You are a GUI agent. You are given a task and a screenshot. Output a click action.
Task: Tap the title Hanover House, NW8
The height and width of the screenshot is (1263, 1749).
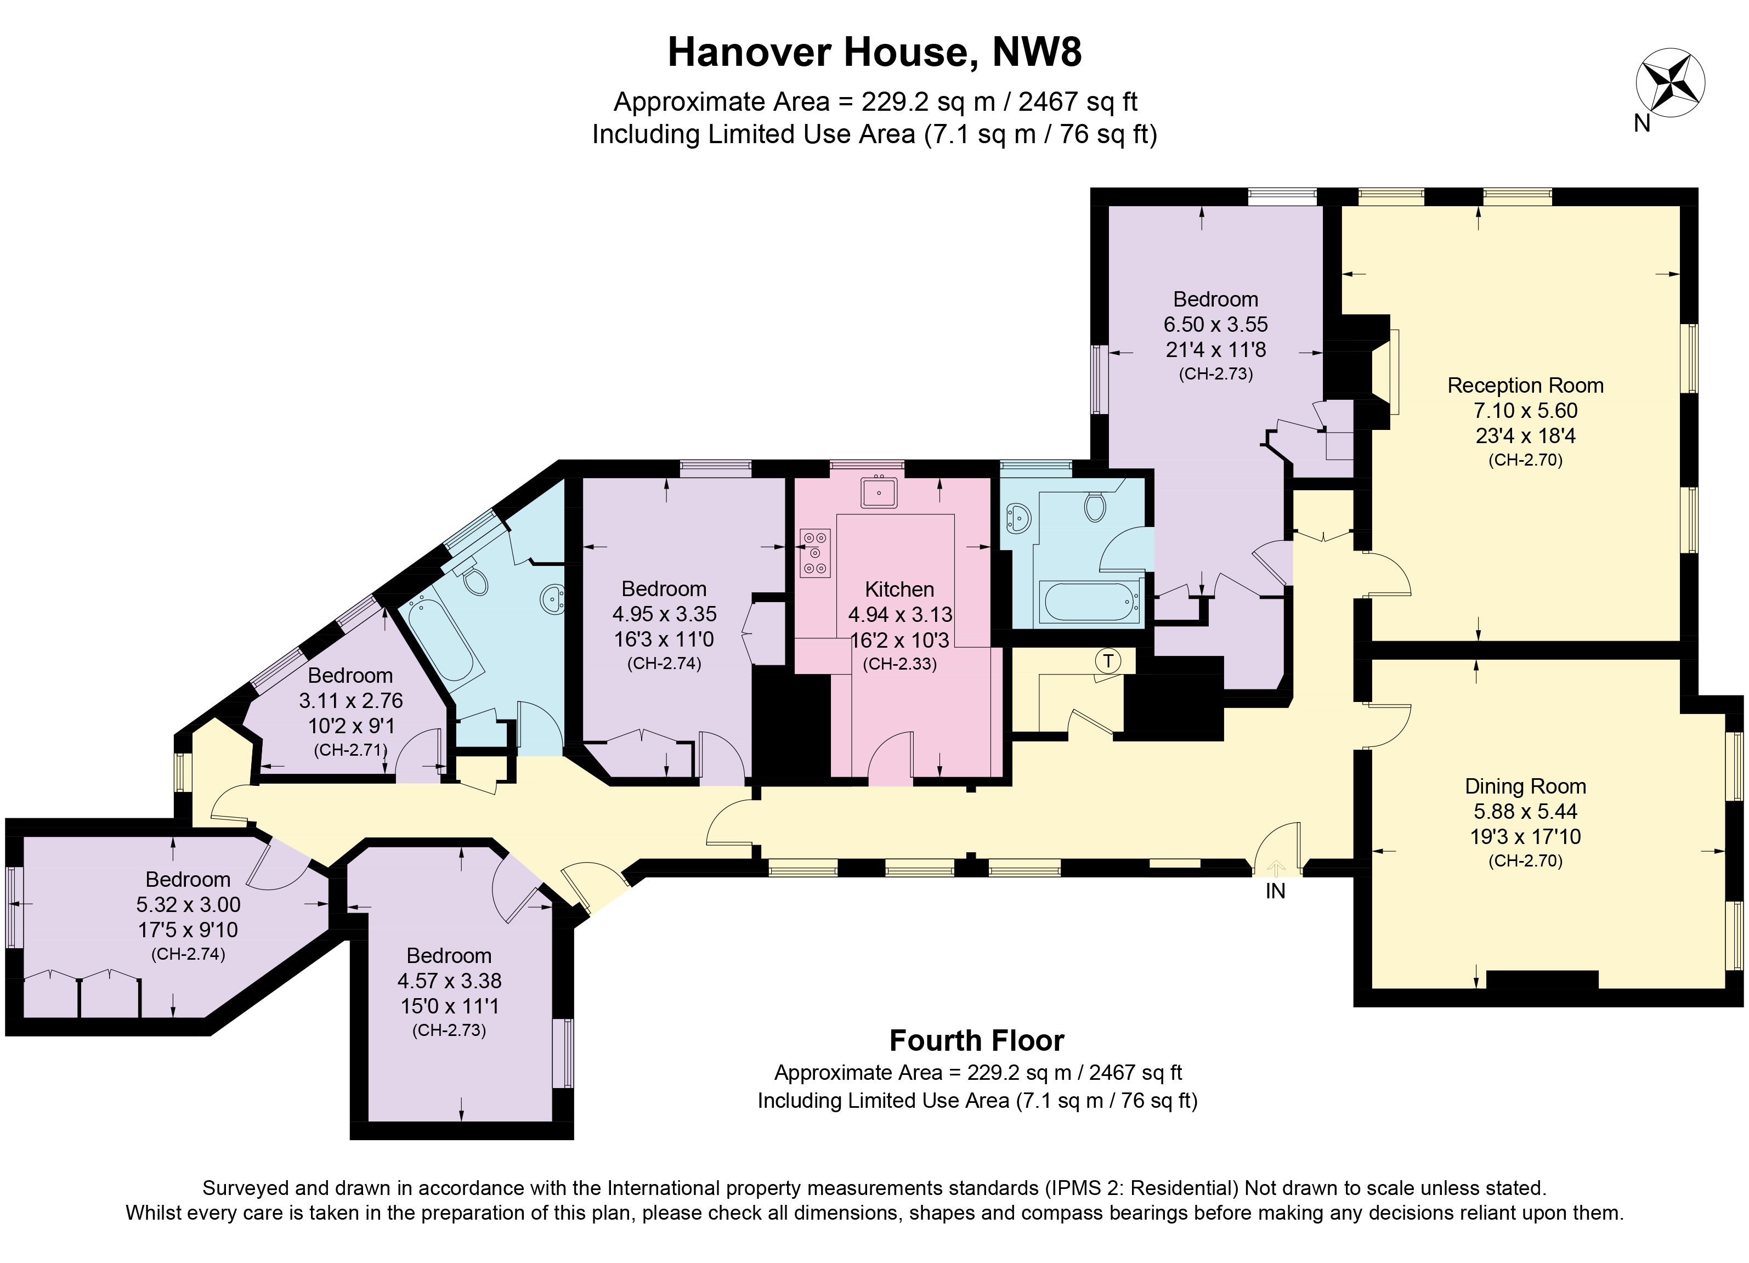pos(874,53)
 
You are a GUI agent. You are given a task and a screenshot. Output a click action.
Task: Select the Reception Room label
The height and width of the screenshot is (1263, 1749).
pos(1525,386)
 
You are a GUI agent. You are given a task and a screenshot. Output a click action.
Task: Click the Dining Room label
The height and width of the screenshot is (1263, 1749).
pos(1525,786)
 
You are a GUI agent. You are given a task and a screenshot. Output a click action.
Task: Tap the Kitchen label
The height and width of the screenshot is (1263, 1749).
pos(899,589)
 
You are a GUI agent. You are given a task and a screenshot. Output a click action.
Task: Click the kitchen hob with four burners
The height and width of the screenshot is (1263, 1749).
pos(815,553)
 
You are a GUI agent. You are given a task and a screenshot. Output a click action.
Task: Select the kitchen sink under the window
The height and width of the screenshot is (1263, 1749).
pos(879,492)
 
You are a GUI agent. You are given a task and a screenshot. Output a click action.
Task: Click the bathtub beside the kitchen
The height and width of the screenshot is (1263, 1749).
pos(1089,602)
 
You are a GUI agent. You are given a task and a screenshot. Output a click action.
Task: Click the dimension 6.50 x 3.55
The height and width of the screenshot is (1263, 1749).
pos(1215,325)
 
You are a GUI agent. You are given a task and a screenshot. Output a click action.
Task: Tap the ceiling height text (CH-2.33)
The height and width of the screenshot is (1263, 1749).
pos(899,664)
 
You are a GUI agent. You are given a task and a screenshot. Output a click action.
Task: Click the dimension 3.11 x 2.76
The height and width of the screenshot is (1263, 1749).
pos(350,701)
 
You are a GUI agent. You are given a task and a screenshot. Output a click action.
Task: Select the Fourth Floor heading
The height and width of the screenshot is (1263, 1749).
pos(976,1041)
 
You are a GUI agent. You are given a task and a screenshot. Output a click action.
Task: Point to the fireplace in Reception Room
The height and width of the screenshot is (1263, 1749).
pos(1386,372)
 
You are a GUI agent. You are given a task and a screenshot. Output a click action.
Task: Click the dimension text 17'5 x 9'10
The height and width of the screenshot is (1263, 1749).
pos(188,930)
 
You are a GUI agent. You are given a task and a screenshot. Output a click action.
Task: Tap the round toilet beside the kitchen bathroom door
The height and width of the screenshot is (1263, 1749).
pos(1095,507)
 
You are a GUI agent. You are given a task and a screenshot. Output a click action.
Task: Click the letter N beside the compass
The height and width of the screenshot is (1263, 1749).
pos(1642,123)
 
